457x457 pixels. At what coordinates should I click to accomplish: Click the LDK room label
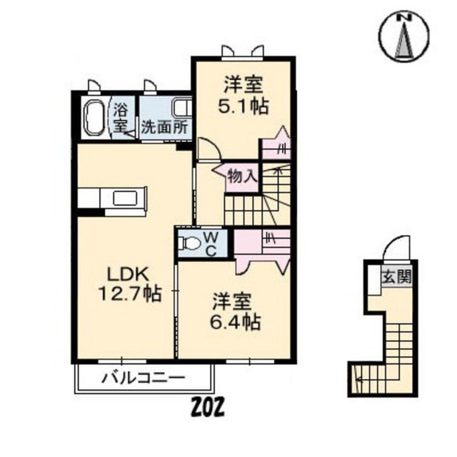[x=129, y=273]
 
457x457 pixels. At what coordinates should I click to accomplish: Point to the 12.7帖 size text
[x=129, y=293]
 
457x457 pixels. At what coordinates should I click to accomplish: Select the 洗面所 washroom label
[x=164, y=129]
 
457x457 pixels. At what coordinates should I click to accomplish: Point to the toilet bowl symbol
[x=191, y=243]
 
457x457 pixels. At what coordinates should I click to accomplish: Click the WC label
[x=213, y=243]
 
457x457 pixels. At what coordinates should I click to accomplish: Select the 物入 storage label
[x=242, y=175]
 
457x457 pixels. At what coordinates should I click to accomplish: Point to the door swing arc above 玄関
[x=395, y=251]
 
